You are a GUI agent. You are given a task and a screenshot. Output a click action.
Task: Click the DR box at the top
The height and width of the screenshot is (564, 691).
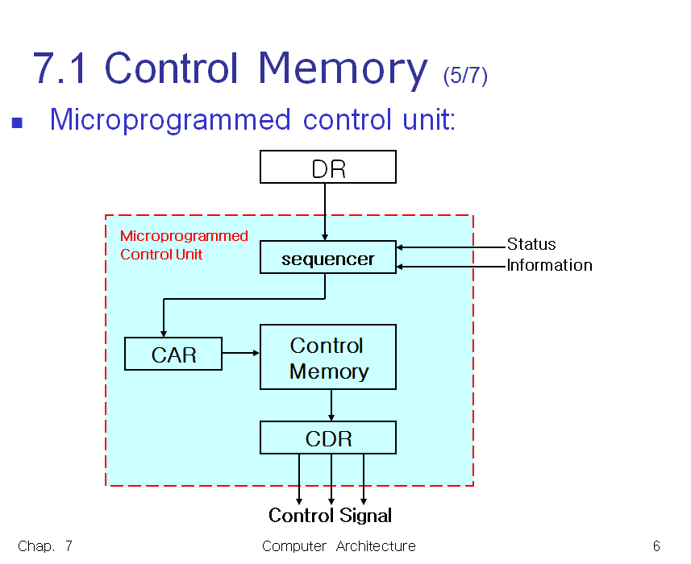pyautogui.click(x=327, y=168)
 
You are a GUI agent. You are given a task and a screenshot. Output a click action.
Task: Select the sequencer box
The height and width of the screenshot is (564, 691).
pyautogui.click(x=327, y=258)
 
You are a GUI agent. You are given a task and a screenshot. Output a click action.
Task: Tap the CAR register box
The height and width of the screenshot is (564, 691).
pyautogui.click(x=173, y=355)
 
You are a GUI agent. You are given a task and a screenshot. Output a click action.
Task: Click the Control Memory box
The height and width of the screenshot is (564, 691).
pyautogui.click(x=327, y=358)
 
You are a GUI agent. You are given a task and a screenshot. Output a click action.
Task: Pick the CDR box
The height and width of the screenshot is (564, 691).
pyautogui.click(x=327, y=438)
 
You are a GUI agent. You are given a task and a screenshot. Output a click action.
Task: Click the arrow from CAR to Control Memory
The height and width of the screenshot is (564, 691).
pyautogui.click(x=240, y=353)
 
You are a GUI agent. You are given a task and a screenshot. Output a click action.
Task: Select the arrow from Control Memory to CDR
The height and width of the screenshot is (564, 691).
pyautogui.click(x=331, y=405)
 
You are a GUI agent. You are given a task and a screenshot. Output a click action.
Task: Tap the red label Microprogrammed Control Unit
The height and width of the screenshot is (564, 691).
pyautogui.click(x=184, y=245)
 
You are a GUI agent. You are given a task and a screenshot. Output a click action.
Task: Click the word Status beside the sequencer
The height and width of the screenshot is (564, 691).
pyautogui.click(x=531, y=244)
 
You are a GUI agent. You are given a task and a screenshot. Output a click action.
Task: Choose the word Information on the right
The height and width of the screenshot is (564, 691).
pyautogui.click(x=549, y=265)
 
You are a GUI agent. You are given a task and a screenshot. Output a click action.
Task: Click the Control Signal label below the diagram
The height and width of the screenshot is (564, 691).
pyautogui.click(x=330, y=516)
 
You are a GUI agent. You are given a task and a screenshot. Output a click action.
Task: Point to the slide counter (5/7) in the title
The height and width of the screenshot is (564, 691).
pyautogui.click(x=465, y=76)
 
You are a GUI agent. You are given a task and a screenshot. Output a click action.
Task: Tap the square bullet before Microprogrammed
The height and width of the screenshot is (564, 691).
pyautogui.click(x=17, y=123)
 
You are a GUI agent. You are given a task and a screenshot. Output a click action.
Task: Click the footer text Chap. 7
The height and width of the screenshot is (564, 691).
pyautogui.click(x=45, y=546)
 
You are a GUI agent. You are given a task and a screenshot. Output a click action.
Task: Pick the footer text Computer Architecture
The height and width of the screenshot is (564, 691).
pyautogui.click(x=339, y=546)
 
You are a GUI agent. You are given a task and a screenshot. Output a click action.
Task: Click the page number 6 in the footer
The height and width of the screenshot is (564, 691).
pyautogui.click(x=656, y=546)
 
